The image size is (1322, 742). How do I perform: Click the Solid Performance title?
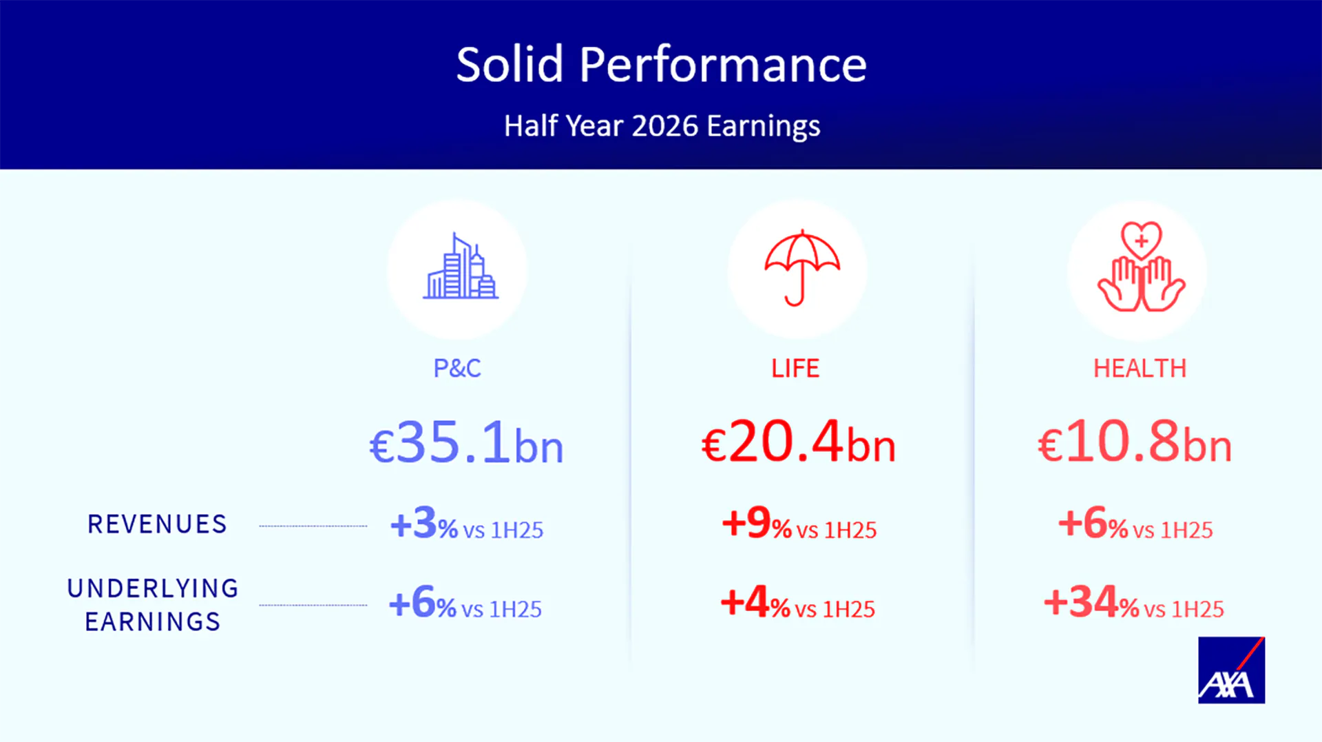click(661, 65)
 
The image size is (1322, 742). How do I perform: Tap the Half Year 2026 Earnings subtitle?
click(662, 126)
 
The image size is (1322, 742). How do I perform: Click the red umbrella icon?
click(802, 267)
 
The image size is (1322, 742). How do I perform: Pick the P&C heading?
click(457, 369)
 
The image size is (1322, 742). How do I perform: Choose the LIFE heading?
click(795, 369)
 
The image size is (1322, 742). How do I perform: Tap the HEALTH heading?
click(1140, 369)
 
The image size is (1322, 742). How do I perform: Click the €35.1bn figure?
click(466, 442)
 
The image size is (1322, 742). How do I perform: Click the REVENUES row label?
click(157, 524)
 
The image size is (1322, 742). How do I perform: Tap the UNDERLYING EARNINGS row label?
click(153, 605)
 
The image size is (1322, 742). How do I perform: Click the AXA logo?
click(1231, 670)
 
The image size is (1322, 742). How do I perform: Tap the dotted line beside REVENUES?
click(313, 526)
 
